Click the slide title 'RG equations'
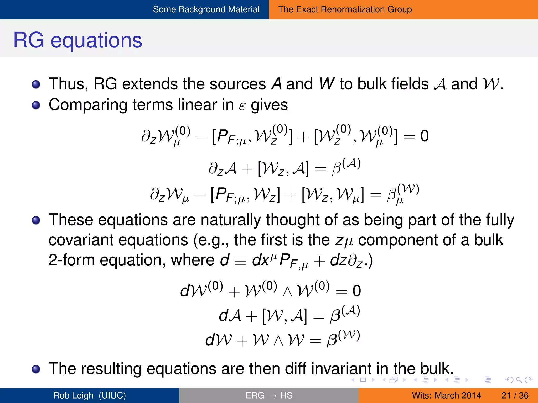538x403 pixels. pos(78,40)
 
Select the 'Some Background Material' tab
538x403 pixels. pos(206,9)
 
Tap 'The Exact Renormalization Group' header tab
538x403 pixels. pos(345,9)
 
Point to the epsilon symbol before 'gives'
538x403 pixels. pos(242,106)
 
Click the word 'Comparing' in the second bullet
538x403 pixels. pos(88,105)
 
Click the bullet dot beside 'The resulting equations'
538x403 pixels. pos(36,369)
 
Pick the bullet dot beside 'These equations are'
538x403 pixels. pos(36,220)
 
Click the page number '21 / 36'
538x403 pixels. pos(515,395)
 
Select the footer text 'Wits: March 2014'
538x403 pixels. pos(446,395)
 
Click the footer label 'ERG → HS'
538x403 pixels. pos(269,395)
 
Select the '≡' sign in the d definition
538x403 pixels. pos(240,261)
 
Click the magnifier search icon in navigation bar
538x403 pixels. pos(519,380)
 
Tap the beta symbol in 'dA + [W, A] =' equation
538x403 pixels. pos(335,316)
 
